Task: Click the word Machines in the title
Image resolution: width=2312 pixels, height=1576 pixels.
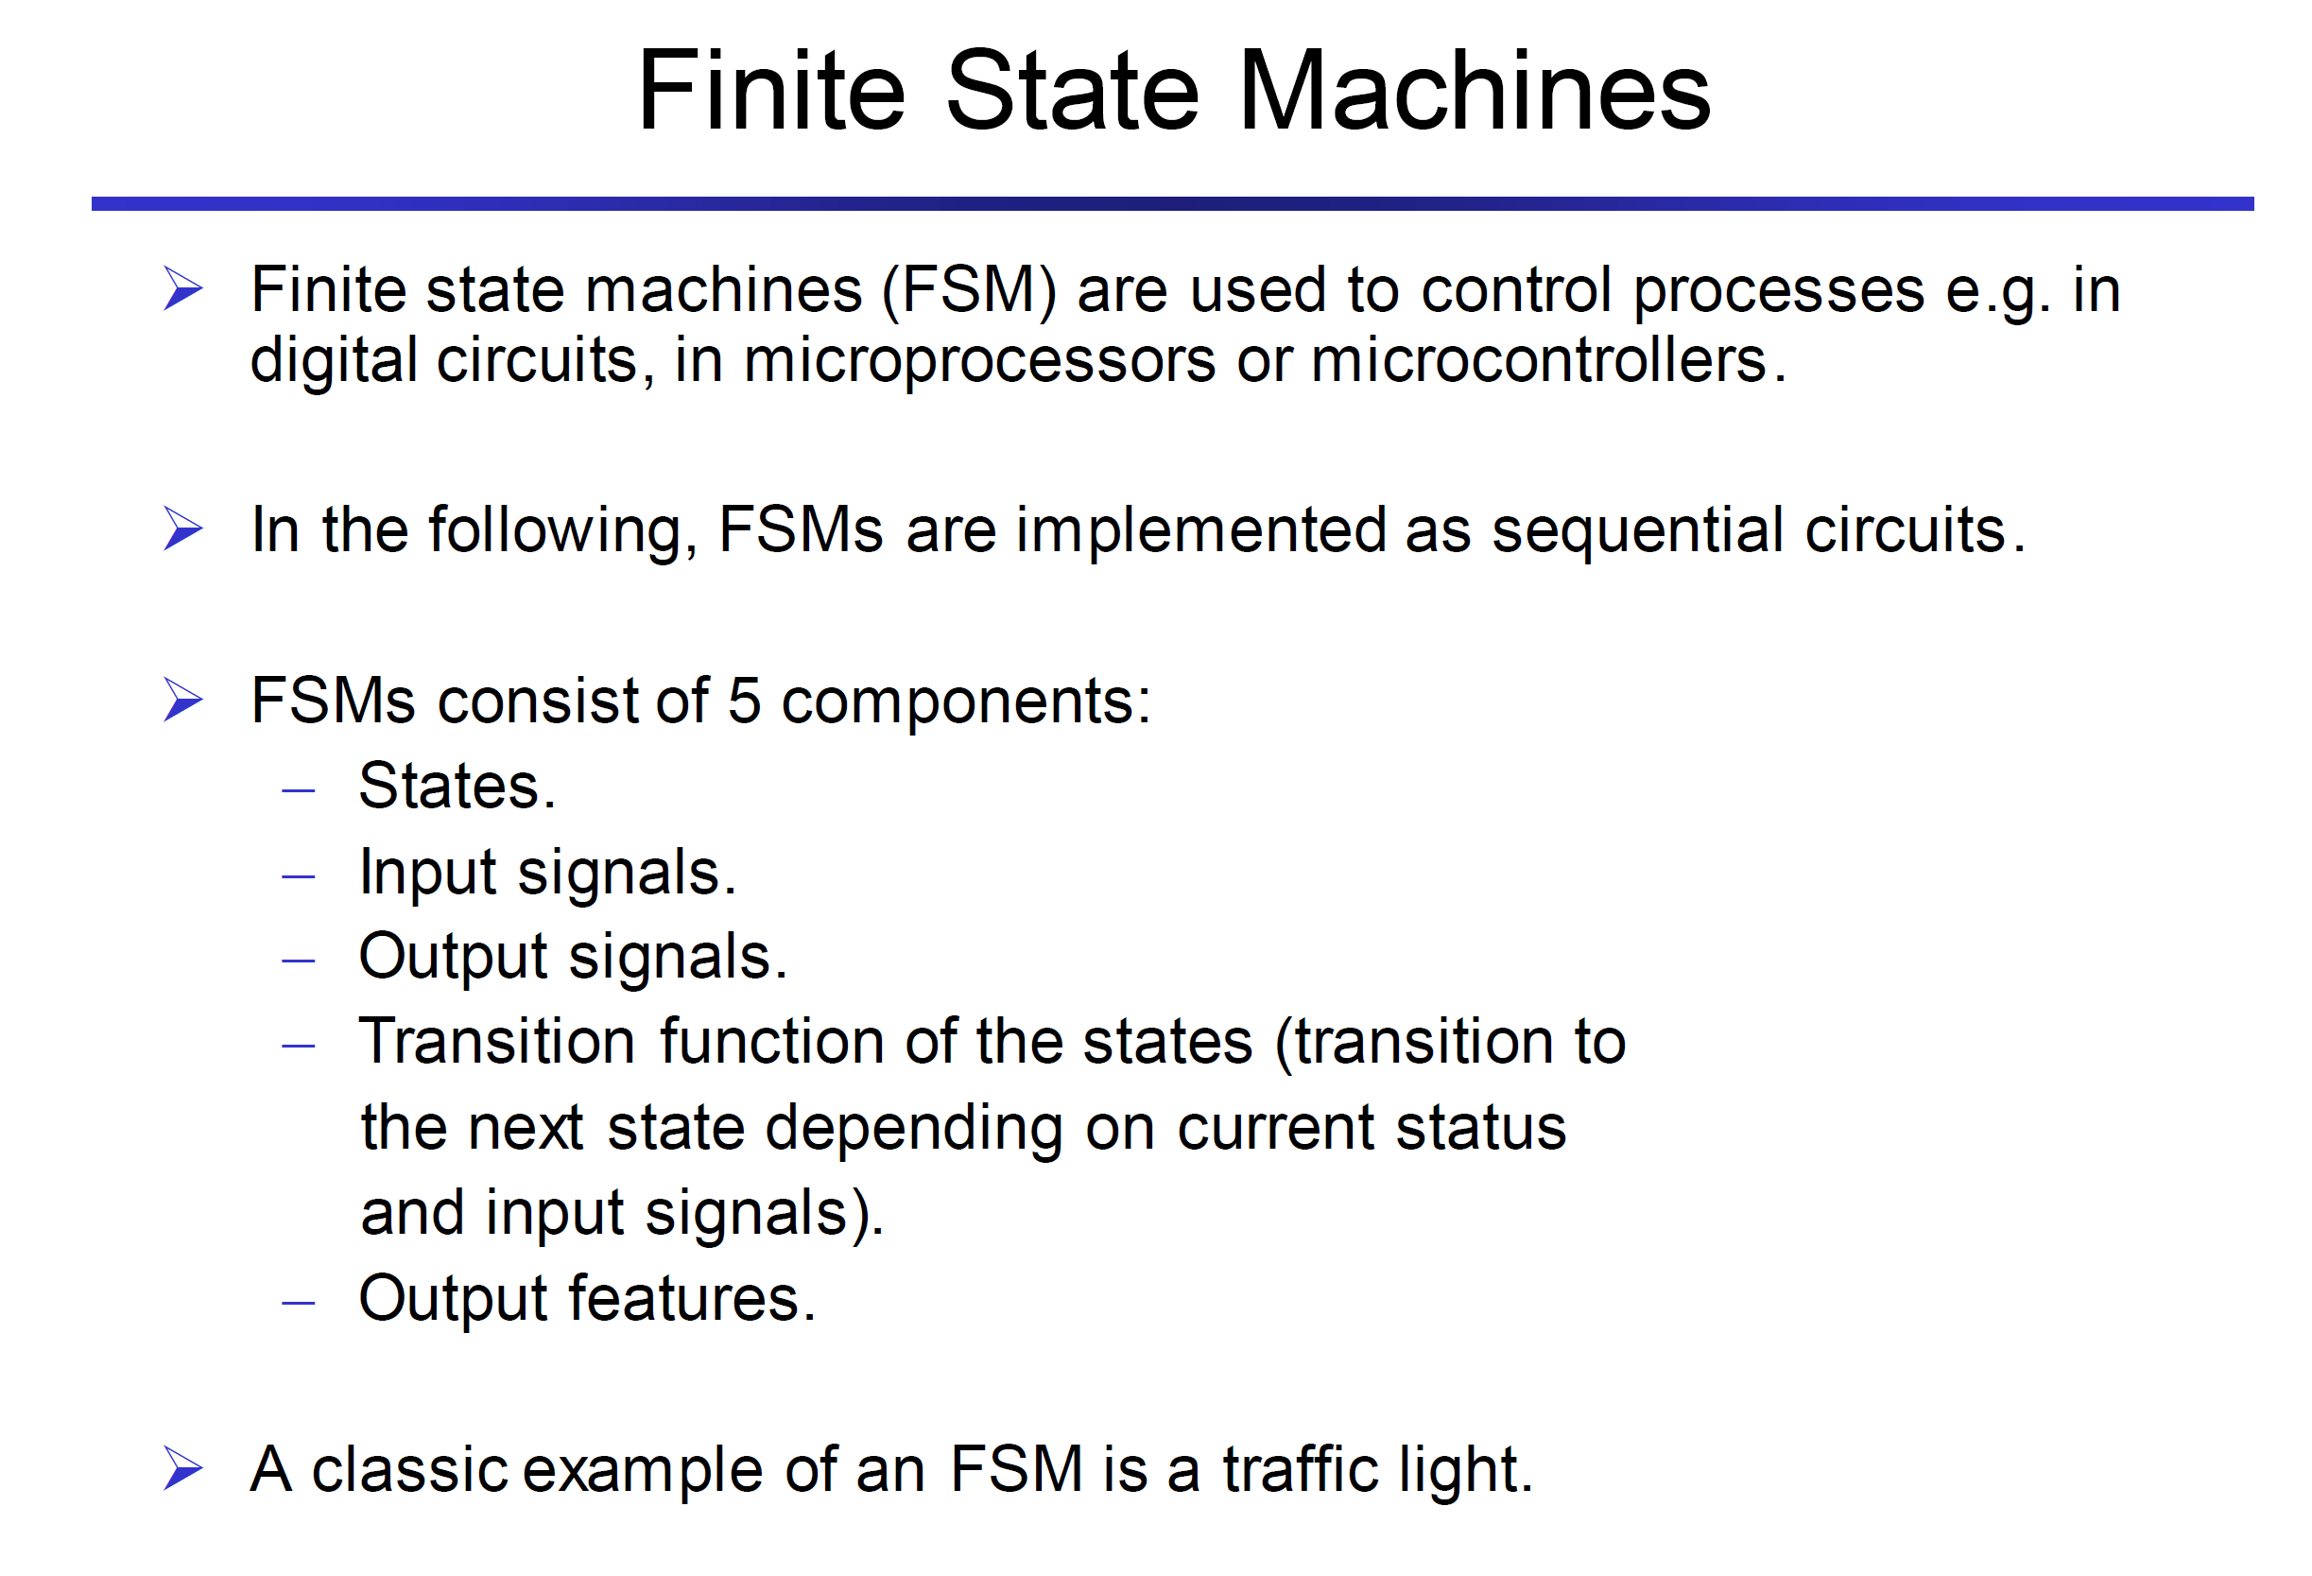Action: (x=1475, y=91)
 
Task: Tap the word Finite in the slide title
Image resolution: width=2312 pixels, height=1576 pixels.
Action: (x=772, y=91)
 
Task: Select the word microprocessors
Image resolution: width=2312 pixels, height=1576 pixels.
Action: (x=979, y=361)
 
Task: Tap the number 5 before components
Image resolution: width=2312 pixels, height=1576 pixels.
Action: (x=744, y=701)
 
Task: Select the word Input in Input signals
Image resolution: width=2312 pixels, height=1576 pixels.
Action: (x=428, y=874)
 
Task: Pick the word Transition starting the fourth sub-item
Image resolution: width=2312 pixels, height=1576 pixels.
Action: (x=497, y=1042)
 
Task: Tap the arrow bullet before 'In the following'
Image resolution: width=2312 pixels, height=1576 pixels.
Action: (x=183, y=528)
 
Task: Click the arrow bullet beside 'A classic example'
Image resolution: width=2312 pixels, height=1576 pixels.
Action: (x=183, y=1468)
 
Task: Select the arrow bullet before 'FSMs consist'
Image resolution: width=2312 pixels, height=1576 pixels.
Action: (x=183, y=700)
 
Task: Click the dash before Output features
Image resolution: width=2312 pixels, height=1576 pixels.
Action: (x=299, y=1302)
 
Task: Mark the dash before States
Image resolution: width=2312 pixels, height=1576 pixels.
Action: (x=299, y=791)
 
